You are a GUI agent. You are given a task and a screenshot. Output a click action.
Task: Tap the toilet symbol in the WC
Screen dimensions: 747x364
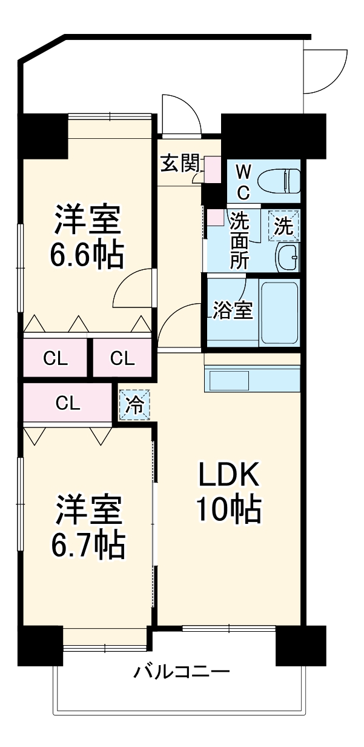click(279, 180)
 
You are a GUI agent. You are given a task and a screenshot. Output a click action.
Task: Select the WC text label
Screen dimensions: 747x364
click(242, 180)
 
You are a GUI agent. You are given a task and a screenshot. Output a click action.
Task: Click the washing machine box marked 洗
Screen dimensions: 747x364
click(284, 226)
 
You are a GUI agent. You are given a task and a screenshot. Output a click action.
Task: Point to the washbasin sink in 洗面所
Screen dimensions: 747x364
click(287, 258)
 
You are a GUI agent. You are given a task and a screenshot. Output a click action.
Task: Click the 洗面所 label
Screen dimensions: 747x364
click(239, 240)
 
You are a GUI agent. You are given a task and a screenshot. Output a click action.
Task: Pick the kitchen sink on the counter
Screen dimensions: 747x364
click(228, 381)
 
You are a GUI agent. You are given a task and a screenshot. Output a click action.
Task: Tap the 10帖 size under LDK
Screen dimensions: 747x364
click(228, 510)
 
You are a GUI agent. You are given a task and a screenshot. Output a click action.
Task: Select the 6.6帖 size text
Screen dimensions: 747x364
click(87, 255)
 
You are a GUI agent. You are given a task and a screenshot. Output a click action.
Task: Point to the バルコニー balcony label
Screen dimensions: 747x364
click(182, 672)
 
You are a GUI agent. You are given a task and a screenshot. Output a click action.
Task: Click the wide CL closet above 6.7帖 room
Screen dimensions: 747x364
click(68, 402)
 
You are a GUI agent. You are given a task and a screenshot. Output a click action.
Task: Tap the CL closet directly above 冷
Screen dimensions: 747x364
click(122, 358)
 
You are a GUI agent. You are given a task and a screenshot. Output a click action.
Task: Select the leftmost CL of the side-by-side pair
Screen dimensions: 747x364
click(56, 358)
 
